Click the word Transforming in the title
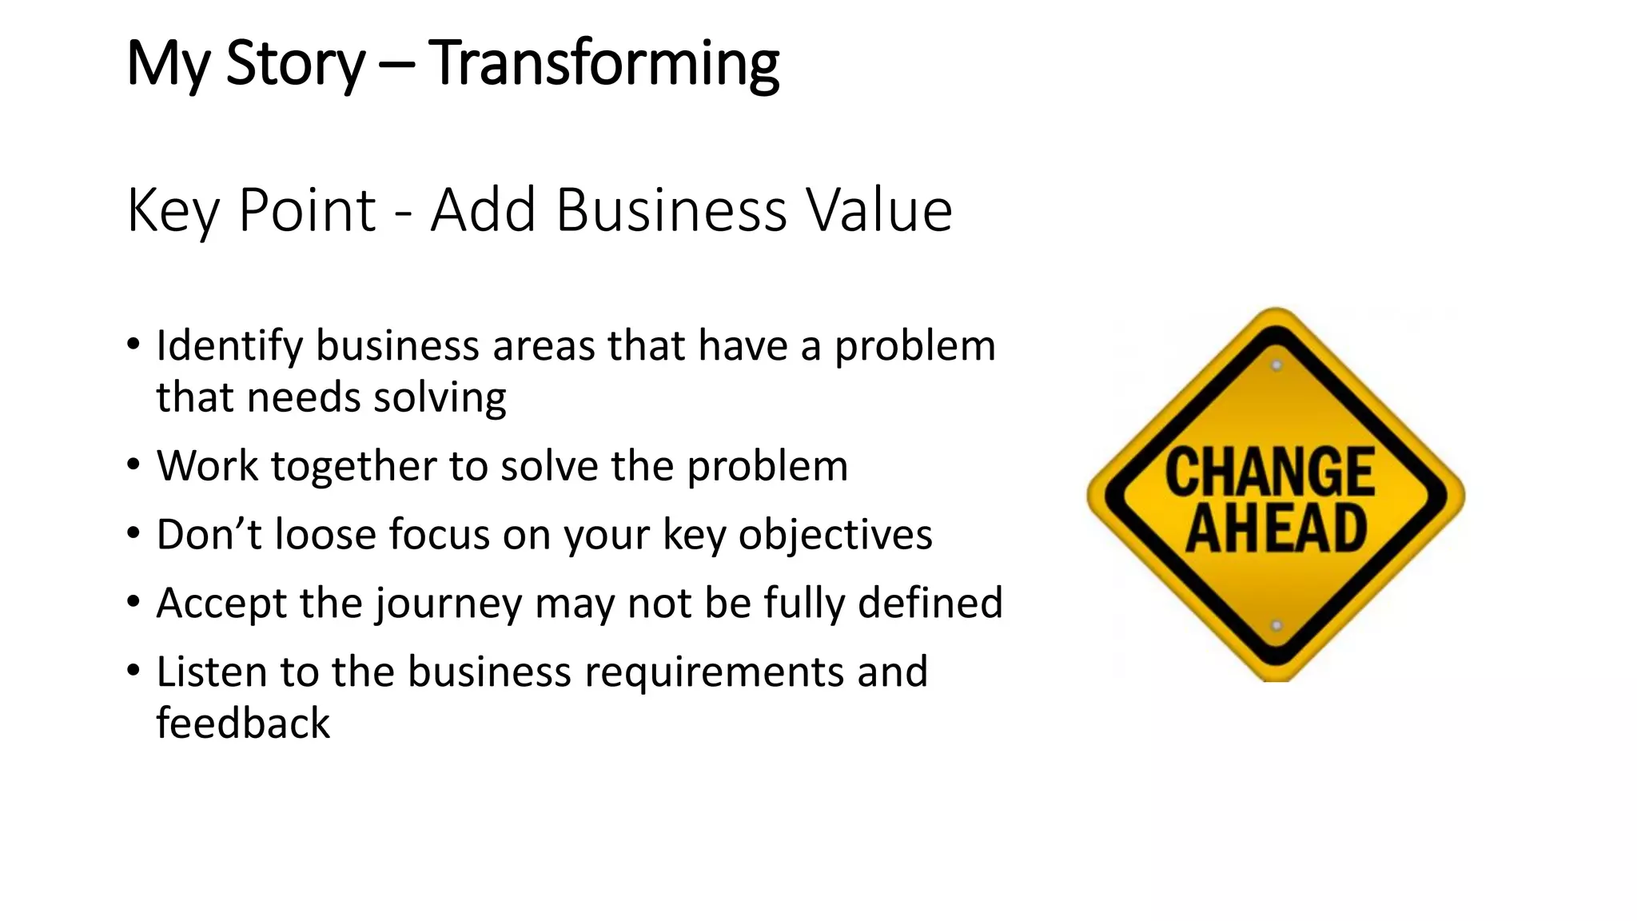tap(603, 64)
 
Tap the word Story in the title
tap(295, 64)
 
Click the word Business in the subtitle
tap(671, 210)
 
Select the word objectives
tap(835, 536)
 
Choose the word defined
tap(930, 603)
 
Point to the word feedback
tap(243, 724)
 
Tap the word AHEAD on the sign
tap(1276, 528)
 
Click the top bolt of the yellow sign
tap(1277, 365)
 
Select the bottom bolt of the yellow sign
tap(1277, 625)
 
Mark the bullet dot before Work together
tap(133, 464)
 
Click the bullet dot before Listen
tap(133, 670)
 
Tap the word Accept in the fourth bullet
tap(221, 603)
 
